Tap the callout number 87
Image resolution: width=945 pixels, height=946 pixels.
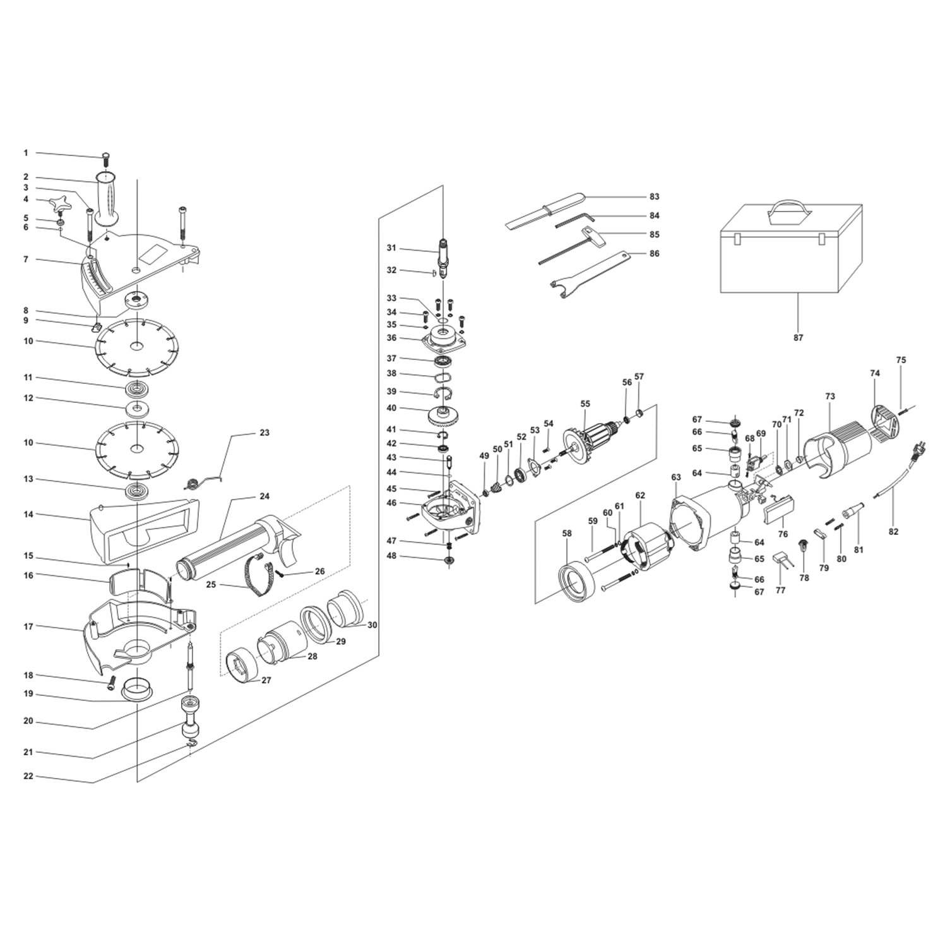click(x=798, y=338)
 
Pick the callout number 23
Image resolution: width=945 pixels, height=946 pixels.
click(x=264, y=433)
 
